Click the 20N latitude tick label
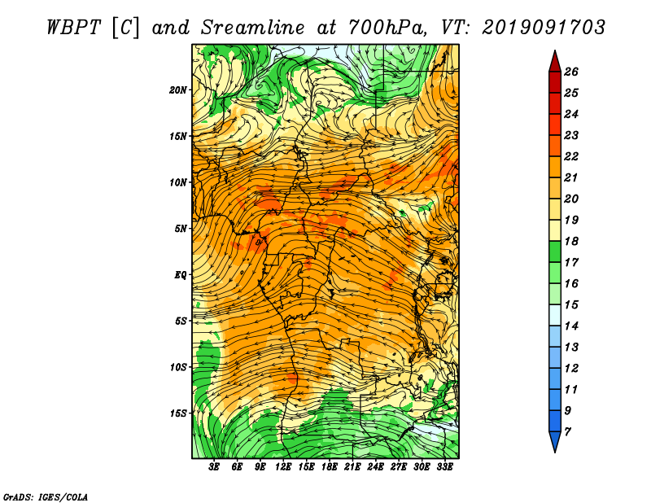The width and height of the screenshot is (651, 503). (x=178, y=90)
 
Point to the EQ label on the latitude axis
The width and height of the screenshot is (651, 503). (x=180, y=275)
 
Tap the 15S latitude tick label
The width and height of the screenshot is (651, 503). (x=178, y=413)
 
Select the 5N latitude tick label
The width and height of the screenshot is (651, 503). (x=181, y=229)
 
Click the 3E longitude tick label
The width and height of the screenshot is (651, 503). (x=214, y=467)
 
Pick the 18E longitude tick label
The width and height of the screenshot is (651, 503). (x=329, y=467)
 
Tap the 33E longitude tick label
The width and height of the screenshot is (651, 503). (x=444, y=467)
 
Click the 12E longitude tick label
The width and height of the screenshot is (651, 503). (x=282, y=467)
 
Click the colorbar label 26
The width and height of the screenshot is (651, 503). (x=571, y=72)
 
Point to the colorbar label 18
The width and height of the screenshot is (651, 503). (x=571, y=241)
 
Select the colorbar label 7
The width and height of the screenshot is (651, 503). (x=567, y=432)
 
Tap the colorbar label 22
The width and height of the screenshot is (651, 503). (x=571, y=156)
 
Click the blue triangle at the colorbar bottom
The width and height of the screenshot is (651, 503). (x=555, y=441)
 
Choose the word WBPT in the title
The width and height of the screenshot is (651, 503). (x=73, y=28)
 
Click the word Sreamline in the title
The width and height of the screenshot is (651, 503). (x=252, y=28)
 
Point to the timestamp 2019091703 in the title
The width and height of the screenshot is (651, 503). (x=544, y=28)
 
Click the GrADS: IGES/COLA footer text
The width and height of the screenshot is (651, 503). (x=46, y=497)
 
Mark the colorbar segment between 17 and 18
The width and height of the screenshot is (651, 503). (x=555, y=251)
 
